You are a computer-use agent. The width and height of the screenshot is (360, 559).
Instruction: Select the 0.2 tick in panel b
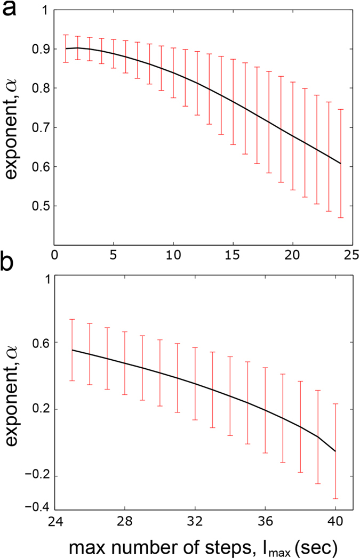tap(39, 409)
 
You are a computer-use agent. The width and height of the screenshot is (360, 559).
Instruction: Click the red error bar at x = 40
tap(335, 451)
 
